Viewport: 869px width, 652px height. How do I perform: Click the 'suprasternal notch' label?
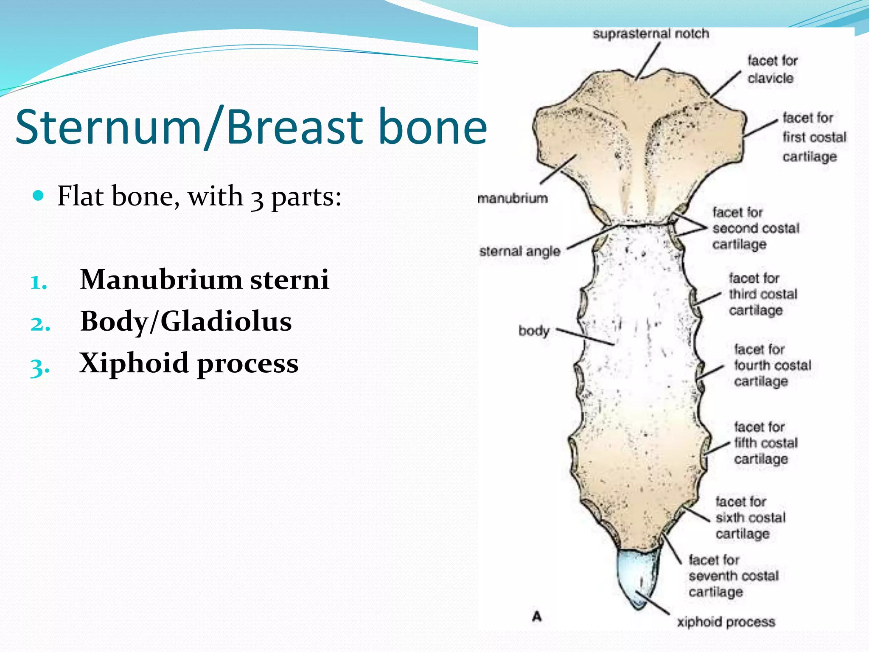click(650, 34)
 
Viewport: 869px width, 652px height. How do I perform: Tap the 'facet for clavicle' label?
click(772, 70)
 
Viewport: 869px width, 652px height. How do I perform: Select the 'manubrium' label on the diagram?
click(513, 198)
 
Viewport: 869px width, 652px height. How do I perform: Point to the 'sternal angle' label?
click(520, 251)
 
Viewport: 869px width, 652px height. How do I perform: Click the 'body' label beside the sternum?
click(534, 331)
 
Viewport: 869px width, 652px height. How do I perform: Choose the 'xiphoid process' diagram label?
click(726, 622)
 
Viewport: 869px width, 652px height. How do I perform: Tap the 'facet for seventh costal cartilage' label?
click(733, 576)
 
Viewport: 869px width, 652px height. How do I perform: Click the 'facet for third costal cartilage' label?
click(762, 294)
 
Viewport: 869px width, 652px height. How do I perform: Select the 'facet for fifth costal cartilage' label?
click(765, 443)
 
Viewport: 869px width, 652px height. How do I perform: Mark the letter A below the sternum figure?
click(537, 616)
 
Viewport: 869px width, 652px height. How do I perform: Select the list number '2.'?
click(40, 324)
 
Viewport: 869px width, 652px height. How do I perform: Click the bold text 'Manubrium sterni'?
click(205, 280)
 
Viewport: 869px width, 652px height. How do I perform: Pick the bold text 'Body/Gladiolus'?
click(186, 321)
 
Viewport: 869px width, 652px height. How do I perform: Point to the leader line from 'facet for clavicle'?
click(726, 84)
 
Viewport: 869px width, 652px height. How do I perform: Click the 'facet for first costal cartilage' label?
click(813, 137)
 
